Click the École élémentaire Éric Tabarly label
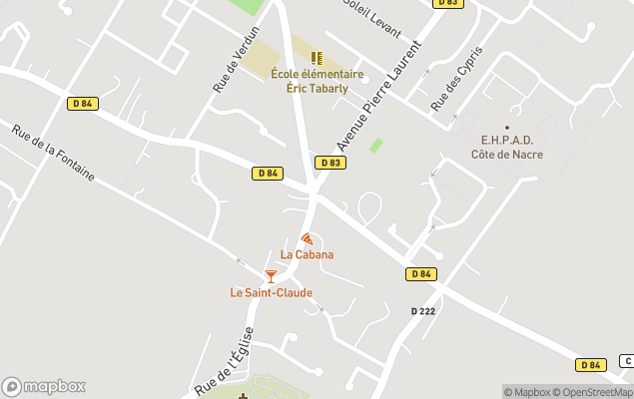click(x=317, y=80)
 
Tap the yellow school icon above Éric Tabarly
click(x=317, y=58)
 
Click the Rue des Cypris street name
click(x=456, y=78)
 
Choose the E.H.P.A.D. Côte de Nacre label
click(x=506, y=148)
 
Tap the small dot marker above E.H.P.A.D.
click(x=507, y=128)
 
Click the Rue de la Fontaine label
click(x=53, y=152)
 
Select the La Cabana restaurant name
click(x=307, y=254)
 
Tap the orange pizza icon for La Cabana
click(x=307, y=238)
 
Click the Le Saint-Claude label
click(x=271, y=292)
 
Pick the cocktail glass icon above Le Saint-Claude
click(x=271, y=275)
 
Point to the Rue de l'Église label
click(x=225, y=358)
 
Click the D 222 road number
click(x=423, y=311)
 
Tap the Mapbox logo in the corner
click(x=43, y=387)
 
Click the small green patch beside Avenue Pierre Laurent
click(x=376, y=146)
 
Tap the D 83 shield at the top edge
click(x=448, y=3)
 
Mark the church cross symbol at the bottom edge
click(x=243, y=395)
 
